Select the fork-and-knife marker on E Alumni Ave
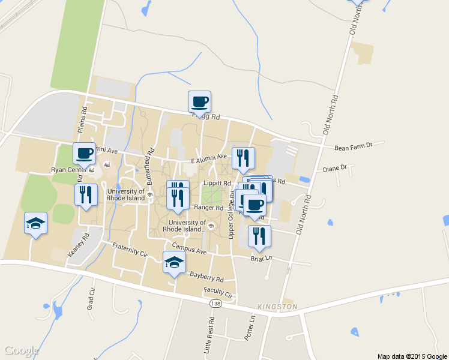click(243, 158)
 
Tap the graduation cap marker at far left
click(35, 223)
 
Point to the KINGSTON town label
click(277, 307)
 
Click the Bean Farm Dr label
click(354, 146)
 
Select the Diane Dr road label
click(335, 169)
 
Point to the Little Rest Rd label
click(208, 338)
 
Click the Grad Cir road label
click(92, 304)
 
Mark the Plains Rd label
click(83, 120)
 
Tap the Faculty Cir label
click(218, 293)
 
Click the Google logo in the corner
click(22, 350)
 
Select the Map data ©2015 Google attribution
click(412, 356)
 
